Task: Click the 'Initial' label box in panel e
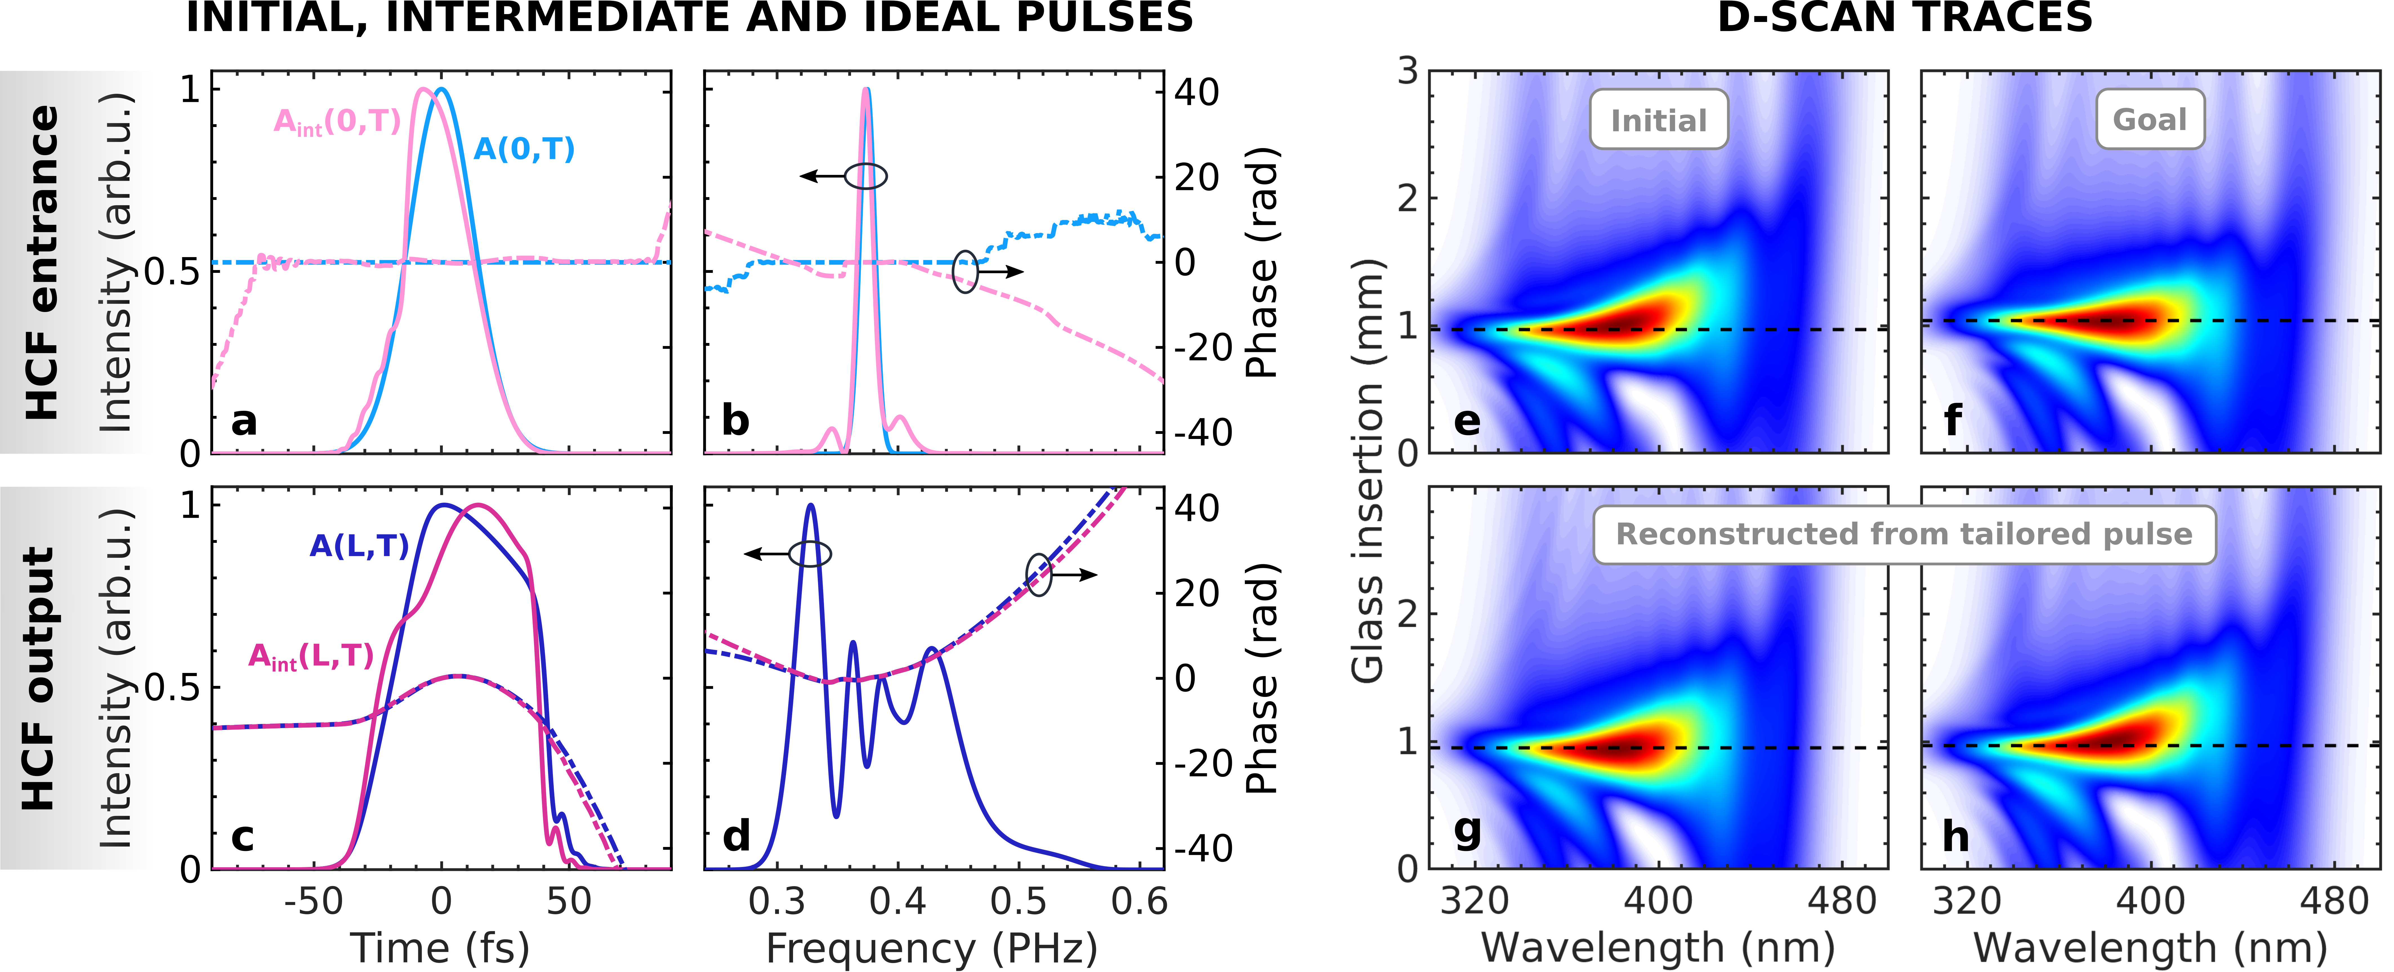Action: (1658, 120)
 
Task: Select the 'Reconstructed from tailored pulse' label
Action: (1904, 534)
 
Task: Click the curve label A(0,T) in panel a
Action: (524, 149)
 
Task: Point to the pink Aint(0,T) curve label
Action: (336, 122)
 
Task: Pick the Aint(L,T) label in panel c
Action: (311, 657)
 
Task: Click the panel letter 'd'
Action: (736, 836)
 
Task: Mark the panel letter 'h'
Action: (1955, 836)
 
